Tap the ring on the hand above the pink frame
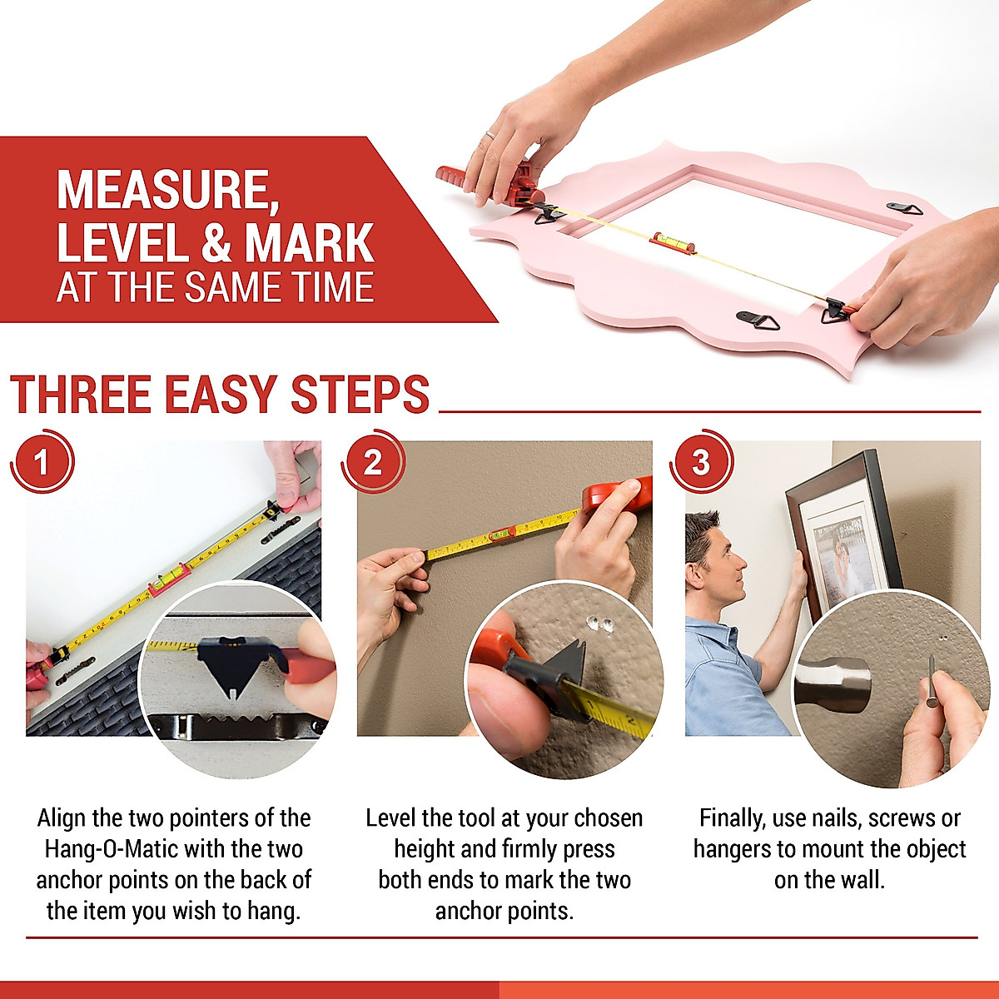(x=490, y=134)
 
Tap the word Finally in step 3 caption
(x=733, y=818)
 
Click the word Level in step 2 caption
(x=394, y=818)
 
